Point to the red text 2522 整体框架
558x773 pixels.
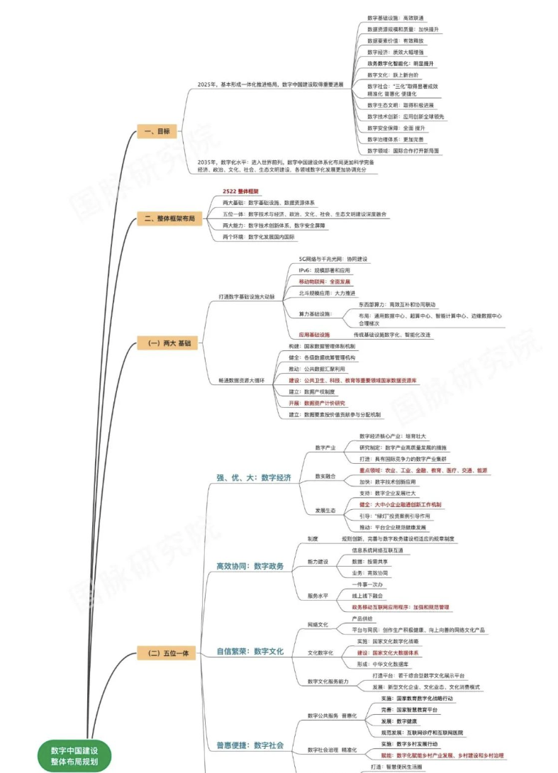tap(240, 191)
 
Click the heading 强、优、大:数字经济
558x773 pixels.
tap(253, 477)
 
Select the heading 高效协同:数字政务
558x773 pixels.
tap(250, 566)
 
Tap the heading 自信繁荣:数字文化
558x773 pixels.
tap(250, 650)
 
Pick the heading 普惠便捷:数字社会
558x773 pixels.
tap(250, 745)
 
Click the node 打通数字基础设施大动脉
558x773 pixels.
tap(246, 296)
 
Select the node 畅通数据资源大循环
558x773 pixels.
tap(241, 380)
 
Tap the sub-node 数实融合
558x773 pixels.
tap(325, 476)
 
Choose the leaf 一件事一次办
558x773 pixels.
tap(367, 584)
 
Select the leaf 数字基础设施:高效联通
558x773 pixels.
tap(396, 18)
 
